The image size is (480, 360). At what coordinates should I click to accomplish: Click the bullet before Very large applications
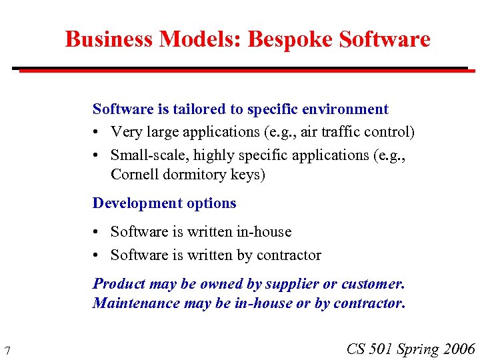click(x=97, y=133)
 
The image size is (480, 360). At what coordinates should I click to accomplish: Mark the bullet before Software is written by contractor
click(x=97, y=255)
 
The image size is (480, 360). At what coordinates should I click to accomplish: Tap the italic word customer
click(x=373, y=284)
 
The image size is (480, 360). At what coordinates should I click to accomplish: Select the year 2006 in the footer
click(x=459, y=349)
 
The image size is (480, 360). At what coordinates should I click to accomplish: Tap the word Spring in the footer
click(x=418, y=349)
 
